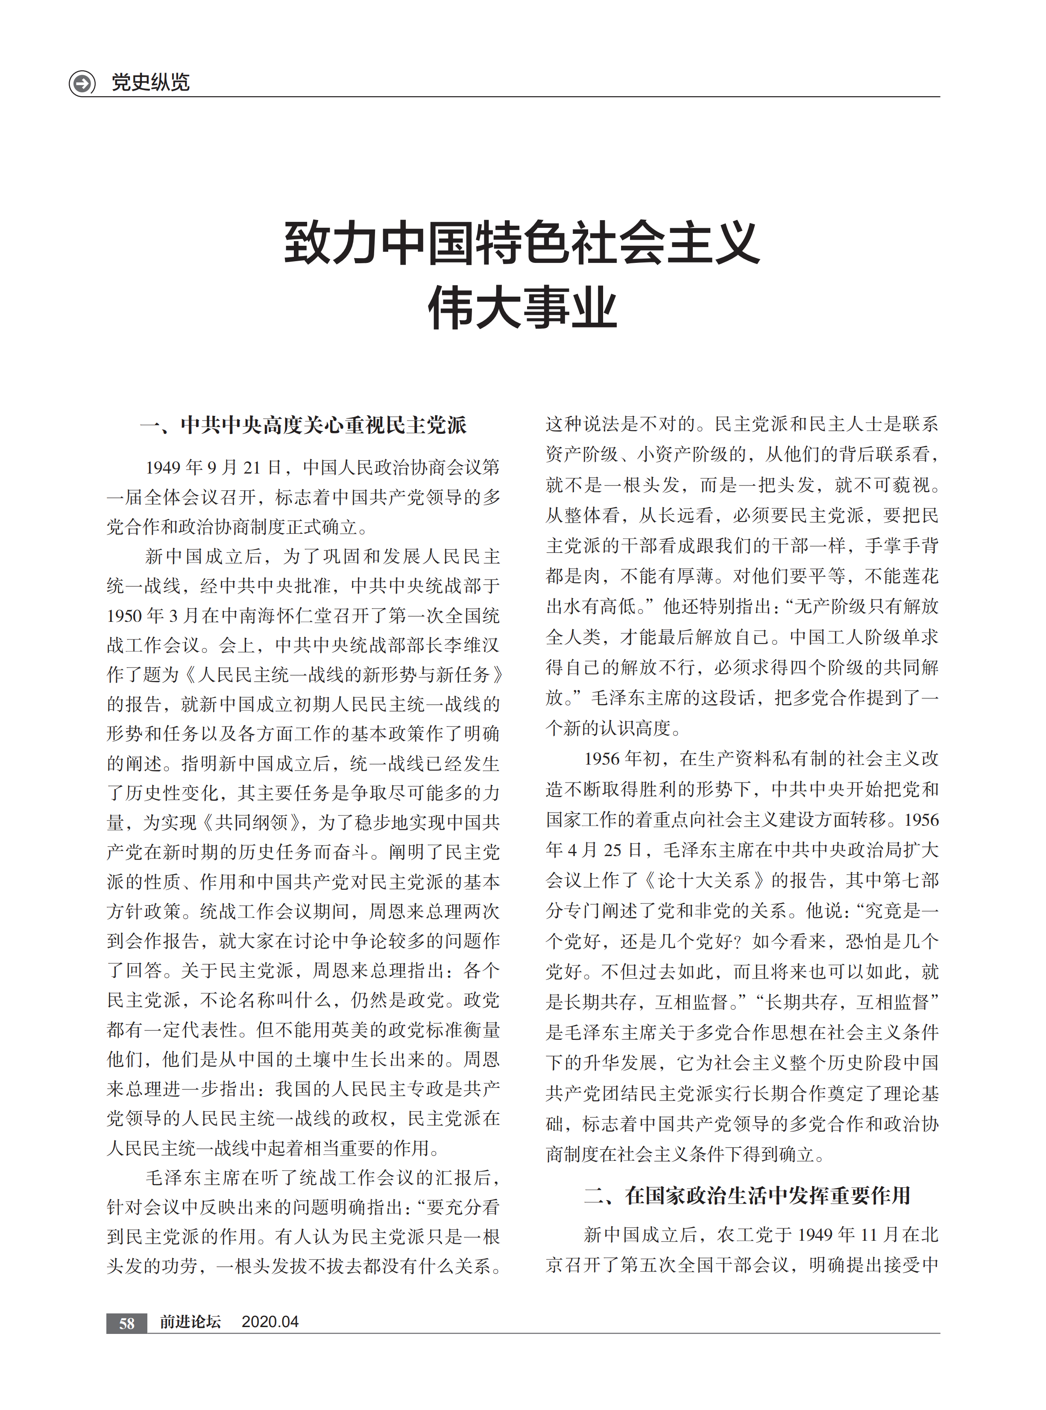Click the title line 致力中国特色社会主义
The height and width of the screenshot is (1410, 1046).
point(522,243)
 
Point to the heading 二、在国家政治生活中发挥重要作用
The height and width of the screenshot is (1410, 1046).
point(747,1195)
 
